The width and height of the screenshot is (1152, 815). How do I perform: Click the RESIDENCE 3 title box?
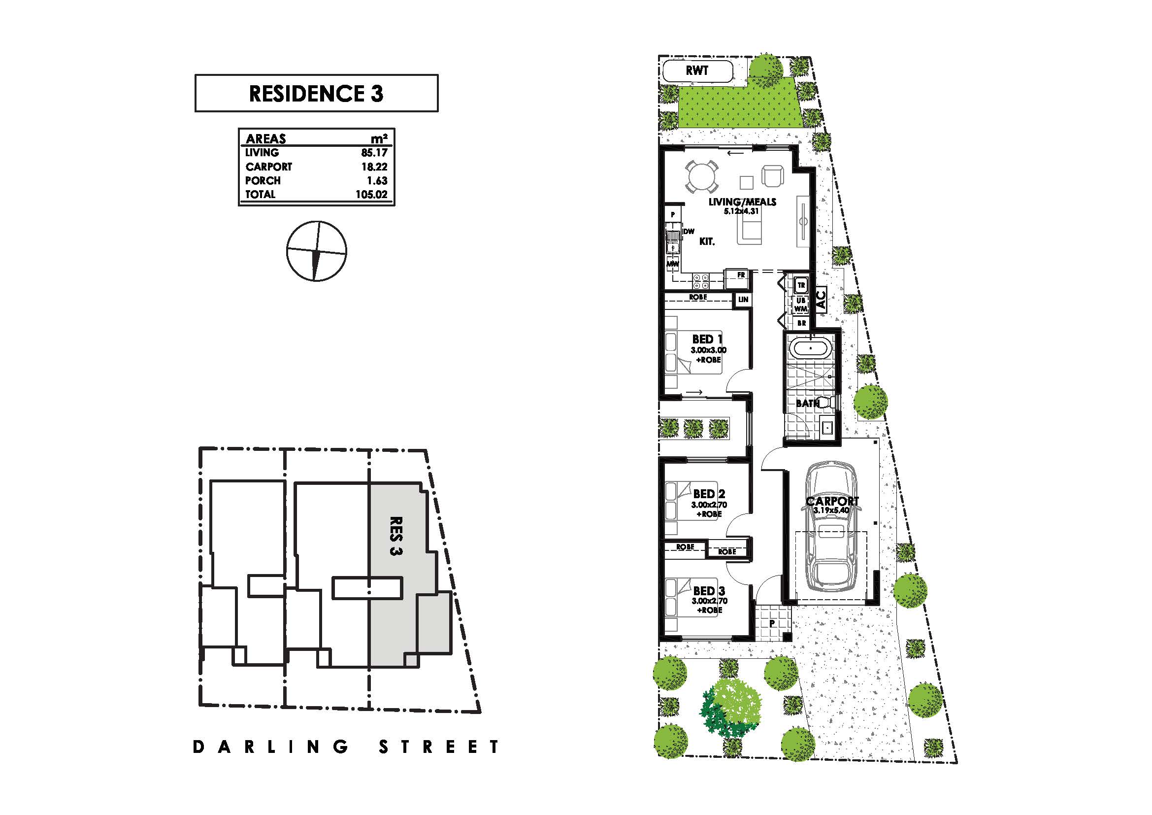[x=316, y=93]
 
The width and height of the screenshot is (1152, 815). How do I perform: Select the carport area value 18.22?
[x=374, y=167]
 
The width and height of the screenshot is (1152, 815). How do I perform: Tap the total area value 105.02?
[x=372, y=194]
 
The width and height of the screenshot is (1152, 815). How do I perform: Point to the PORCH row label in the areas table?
[x=263, y=180]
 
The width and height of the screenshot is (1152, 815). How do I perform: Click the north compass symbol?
[x=317, y=250]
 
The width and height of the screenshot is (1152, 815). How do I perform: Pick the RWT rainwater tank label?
[x=697, y=70]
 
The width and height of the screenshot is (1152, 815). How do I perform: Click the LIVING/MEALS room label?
[x=742, y=202]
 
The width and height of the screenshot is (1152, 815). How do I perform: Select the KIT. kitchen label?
[x=707, y=241]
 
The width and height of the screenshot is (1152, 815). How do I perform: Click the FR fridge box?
[x=741, y=275]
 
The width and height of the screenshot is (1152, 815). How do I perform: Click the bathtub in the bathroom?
[x=810, y=348]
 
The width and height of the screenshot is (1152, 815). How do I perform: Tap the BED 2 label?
[x=709, y=494]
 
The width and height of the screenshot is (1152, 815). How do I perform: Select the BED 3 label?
[x=709, y=591]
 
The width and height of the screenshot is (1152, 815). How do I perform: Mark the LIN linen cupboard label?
[x=743, y=299]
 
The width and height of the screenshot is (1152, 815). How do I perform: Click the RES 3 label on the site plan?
[x=396, y=536]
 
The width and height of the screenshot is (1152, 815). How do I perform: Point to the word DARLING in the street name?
[x=271, y=747]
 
